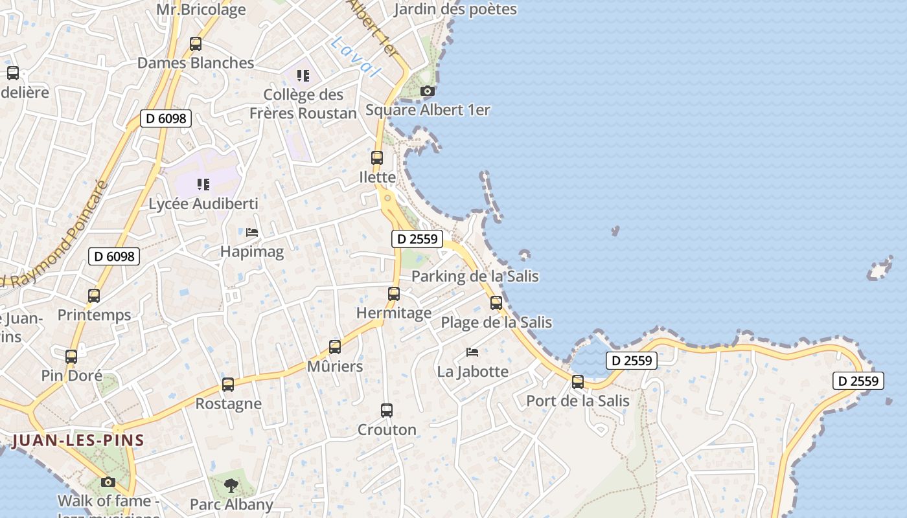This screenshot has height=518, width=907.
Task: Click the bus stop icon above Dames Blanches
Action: pyautogui.click(x=195, y=44)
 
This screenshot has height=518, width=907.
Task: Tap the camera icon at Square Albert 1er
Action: pyautogui.click(x=427, y=91)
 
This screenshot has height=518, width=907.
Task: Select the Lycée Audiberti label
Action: pyautogui.click(x=203, y=203)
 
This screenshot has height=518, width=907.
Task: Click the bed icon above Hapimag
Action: pyautogui.click(x=252, y=232)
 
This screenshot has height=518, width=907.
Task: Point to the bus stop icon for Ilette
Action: pyautogui.click(x=377, y=158)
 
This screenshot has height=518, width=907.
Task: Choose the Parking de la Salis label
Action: pyautogui.click(x=475, y=276)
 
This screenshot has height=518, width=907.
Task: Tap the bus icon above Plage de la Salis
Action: pyautogui.click(x=496, y=302)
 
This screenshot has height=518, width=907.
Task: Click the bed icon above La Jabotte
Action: pyautogui.click(x=472, y=352)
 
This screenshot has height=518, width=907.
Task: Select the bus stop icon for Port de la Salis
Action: pyautogui.click(x=578, y=382)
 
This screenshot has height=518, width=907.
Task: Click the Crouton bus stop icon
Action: pyautogui.click(x=387, y=410)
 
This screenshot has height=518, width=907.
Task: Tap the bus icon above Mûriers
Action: pyautogui.click(x=335, y=347)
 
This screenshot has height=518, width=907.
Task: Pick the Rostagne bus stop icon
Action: pyautogui.click(x=228, y=384)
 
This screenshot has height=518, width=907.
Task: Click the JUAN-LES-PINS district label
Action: pyautogui.click(x=78, y=441)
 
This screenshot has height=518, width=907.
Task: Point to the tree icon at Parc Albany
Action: pyautogui.click(x=231, y=485)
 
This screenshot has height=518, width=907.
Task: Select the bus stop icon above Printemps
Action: pyautogui.click(x=94, y=296)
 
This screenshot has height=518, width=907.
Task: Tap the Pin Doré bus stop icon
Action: pyautogui.click(x=71, y=356)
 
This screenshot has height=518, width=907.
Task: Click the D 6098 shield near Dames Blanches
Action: pyautogui.click(x=166, y=118)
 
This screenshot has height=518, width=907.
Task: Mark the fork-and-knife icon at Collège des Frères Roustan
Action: pyautogui.click(x=303, y=76)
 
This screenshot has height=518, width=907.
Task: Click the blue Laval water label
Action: pyautogui.click(x=356, y=56)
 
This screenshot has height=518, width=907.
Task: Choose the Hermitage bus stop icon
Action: pyautogui.click(x=394, y=294)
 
